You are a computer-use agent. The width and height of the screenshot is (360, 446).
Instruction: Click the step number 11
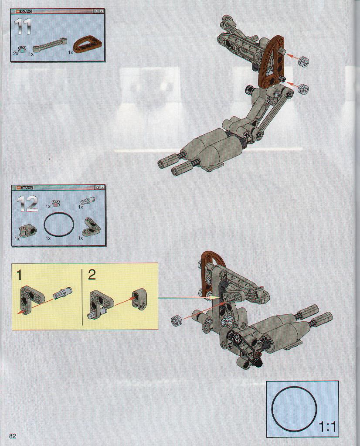(22, 27)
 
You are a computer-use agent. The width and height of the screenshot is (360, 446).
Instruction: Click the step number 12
(27, 204)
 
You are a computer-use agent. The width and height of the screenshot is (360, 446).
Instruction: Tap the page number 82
(13, 436)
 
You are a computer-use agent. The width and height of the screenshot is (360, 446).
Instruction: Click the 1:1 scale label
(327, 427)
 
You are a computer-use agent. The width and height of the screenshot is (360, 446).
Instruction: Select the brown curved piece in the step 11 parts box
(84, 45)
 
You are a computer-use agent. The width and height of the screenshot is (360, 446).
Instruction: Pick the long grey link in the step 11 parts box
(50, 44)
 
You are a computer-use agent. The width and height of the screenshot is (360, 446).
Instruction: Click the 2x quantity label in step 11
(15, 53)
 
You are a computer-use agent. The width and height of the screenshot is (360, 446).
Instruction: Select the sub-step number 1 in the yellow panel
(19, 275)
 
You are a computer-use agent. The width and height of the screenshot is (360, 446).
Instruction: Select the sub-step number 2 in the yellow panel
(92, 275)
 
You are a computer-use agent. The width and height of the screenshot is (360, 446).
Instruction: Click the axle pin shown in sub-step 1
(63, 293)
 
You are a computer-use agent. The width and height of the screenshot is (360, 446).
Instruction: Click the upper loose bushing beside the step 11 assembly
(304, 61)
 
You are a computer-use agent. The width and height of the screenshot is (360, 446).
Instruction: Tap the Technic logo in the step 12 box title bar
(25, 187)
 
